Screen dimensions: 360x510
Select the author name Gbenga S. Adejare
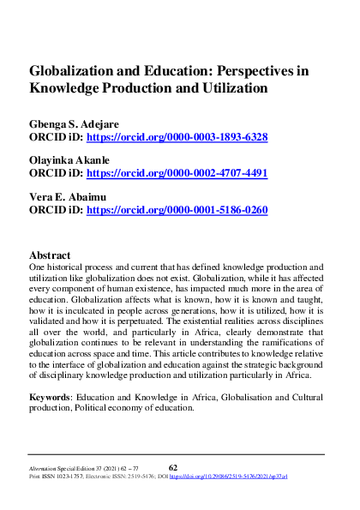pyautogui.click(x=81, y=123)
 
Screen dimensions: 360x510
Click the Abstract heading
pyautogui.click(x=50, y=255)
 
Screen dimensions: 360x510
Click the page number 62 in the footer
pyautogui.click(x=172, y=467)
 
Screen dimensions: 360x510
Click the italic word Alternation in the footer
pyautogui.click(x=45, y=469)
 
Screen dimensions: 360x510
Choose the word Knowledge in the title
pyautogui.click(x=64, y=87)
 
